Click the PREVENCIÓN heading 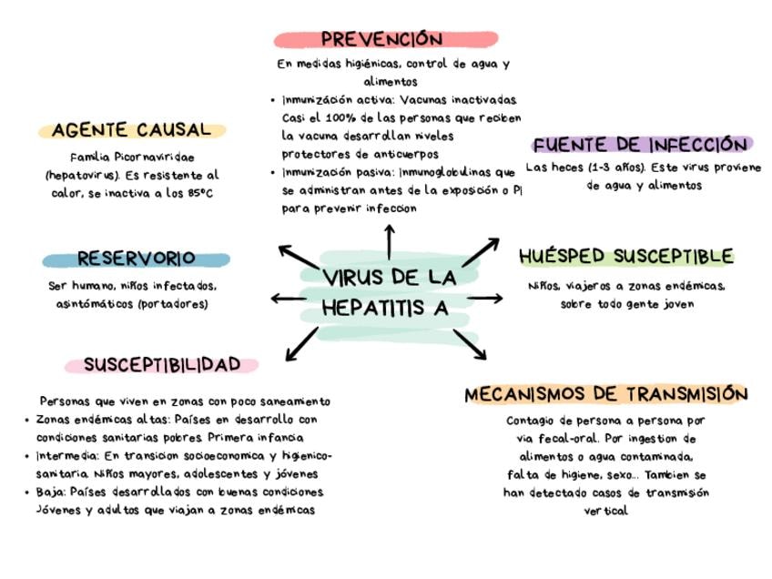tap(382, 39)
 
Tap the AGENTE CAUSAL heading tap(131, 130)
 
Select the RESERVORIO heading tap(136, 259)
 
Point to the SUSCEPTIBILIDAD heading tap(162, 364)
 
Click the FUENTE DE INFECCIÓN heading tap(640, 145)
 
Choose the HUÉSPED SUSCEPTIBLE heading tap(625, 256)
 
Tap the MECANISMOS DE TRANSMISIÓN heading tap(605, 394)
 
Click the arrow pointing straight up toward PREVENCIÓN tap(390, 240)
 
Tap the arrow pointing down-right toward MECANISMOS tap(470, 344)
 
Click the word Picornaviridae tap(152, 157)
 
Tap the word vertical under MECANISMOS tap(605, 511)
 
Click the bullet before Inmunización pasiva tap(274, 172)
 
